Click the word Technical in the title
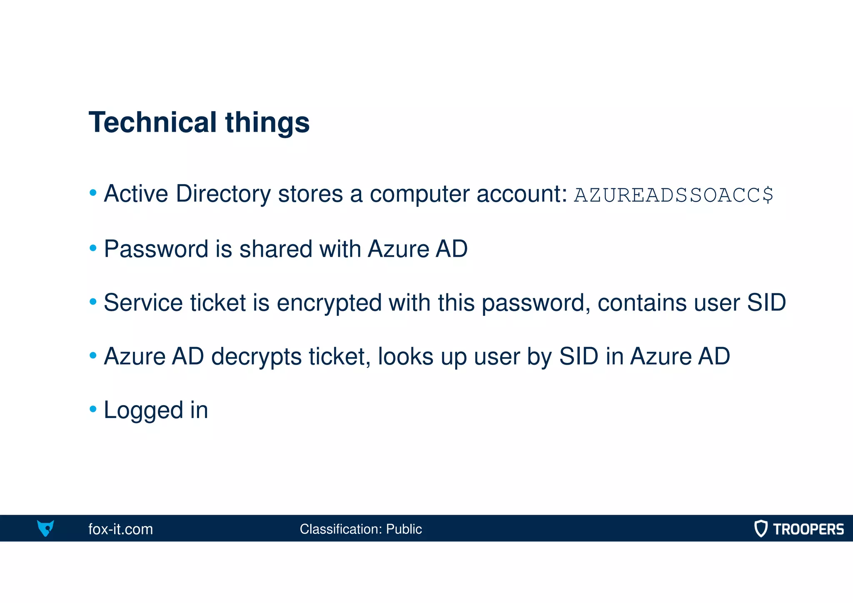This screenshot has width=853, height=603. (x=152, y=123)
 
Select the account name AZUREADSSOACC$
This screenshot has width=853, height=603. (x=673, y=195)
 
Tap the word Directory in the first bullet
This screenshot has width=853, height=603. (x=223, y=194)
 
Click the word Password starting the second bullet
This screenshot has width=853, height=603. (x=156, y=249)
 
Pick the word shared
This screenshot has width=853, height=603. (x=275, y=249)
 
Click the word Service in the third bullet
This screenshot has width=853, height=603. (x=143, y=303)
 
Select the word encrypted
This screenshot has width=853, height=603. (x=329, y=303)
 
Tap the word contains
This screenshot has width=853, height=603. (x=642, y=303)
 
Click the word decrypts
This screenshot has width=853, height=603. (x=256, y=357)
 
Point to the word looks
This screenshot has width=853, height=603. (x=405, y=356)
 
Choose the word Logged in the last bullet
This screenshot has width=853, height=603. (x=143, y=410)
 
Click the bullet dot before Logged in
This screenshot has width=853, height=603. (x=93, y=409)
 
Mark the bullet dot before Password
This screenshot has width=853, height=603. (x=93, y=248)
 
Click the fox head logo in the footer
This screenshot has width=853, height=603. (x=45, y=528)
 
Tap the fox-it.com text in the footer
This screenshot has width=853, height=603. (x=120, y=529)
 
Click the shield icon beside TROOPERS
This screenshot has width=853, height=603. (x=761, y=528)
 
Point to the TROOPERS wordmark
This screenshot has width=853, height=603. (x=808, y=529)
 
